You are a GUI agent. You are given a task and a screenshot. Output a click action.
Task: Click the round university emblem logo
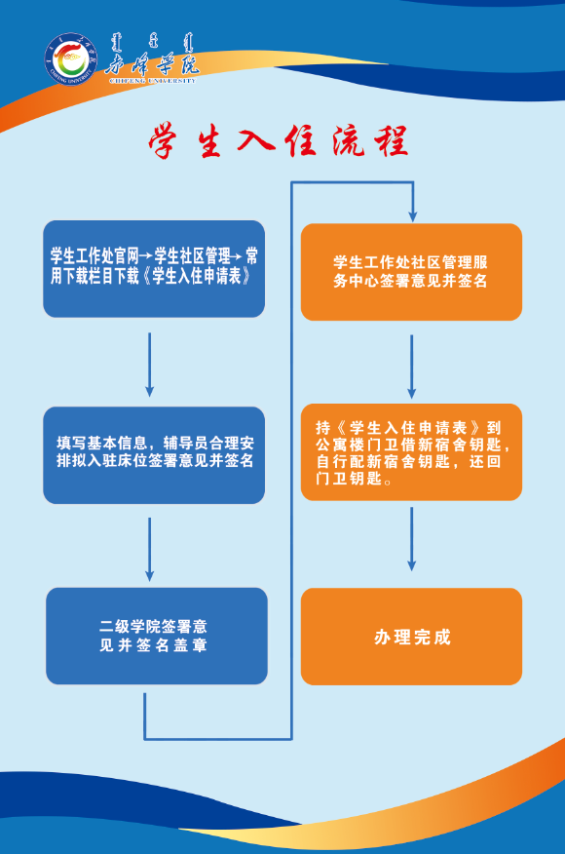(x=69, y=59)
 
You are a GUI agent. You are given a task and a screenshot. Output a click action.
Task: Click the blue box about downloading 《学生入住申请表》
(x=154, y=268)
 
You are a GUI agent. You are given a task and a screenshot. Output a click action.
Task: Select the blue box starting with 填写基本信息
(x=154, y=454)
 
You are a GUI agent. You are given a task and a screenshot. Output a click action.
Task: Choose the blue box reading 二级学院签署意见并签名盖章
(x=156, y=635)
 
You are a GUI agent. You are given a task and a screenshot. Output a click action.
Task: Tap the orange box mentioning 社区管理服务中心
(x=410, y=272)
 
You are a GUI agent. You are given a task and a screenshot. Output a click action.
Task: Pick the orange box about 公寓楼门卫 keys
(x=410, y=452)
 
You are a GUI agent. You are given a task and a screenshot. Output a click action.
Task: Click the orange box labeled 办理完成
(x=410, y=636)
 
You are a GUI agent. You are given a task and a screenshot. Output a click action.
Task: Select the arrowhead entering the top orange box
(x=413, y=213)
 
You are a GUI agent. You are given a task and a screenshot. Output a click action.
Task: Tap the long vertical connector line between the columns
(x=293, y=458)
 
